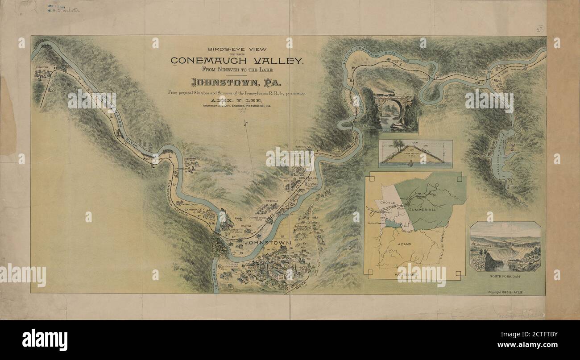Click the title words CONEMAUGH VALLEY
[x=236, y=61]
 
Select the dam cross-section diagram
[x=415, y=154]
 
